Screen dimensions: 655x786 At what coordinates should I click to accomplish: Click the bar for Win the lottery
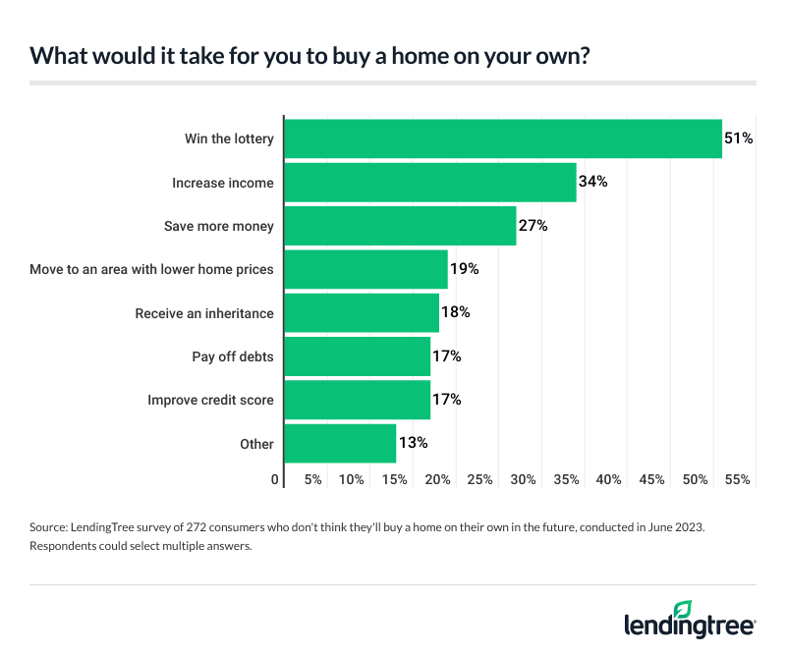coord(502,138)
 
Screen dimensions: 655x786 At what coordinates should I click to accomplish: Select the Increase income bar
coord(429,183)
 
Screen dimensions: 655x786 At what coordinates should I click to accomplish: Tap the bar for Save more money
coord(399,226)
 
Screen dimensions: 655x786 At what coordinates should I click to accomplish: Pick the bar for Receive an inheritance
coord(361,312)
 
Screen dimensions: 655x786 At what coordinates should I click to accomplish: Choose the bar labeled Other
coord(339,443)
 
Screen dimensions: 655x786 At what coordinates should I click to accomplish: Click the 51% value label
coord(738,138)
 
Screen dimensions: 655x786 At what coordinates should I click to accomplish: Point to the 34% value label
coord(592,183)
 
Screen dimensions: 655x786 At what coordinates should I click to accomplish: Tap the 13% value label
coord(413,443)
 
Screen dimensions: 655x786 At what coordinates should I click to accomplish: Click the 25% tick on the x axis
coord(479,480)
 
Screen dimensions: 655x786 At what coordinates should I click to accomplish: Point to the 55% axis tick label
coord(737,480)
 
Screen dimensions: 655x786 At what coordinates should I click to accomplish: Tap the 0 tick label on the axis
coord(275,480)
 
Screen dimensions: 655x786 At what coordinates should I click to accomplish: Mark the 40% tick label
coord(608,480)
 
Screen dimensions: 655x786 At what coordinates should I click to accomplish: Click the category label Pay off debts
coord(232,356)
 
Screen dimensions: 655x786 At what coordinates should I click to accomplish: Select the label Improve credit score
coord(210,400)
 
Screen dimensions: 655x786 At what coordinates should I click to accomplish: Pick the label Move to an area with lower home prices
coord(152,269)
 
